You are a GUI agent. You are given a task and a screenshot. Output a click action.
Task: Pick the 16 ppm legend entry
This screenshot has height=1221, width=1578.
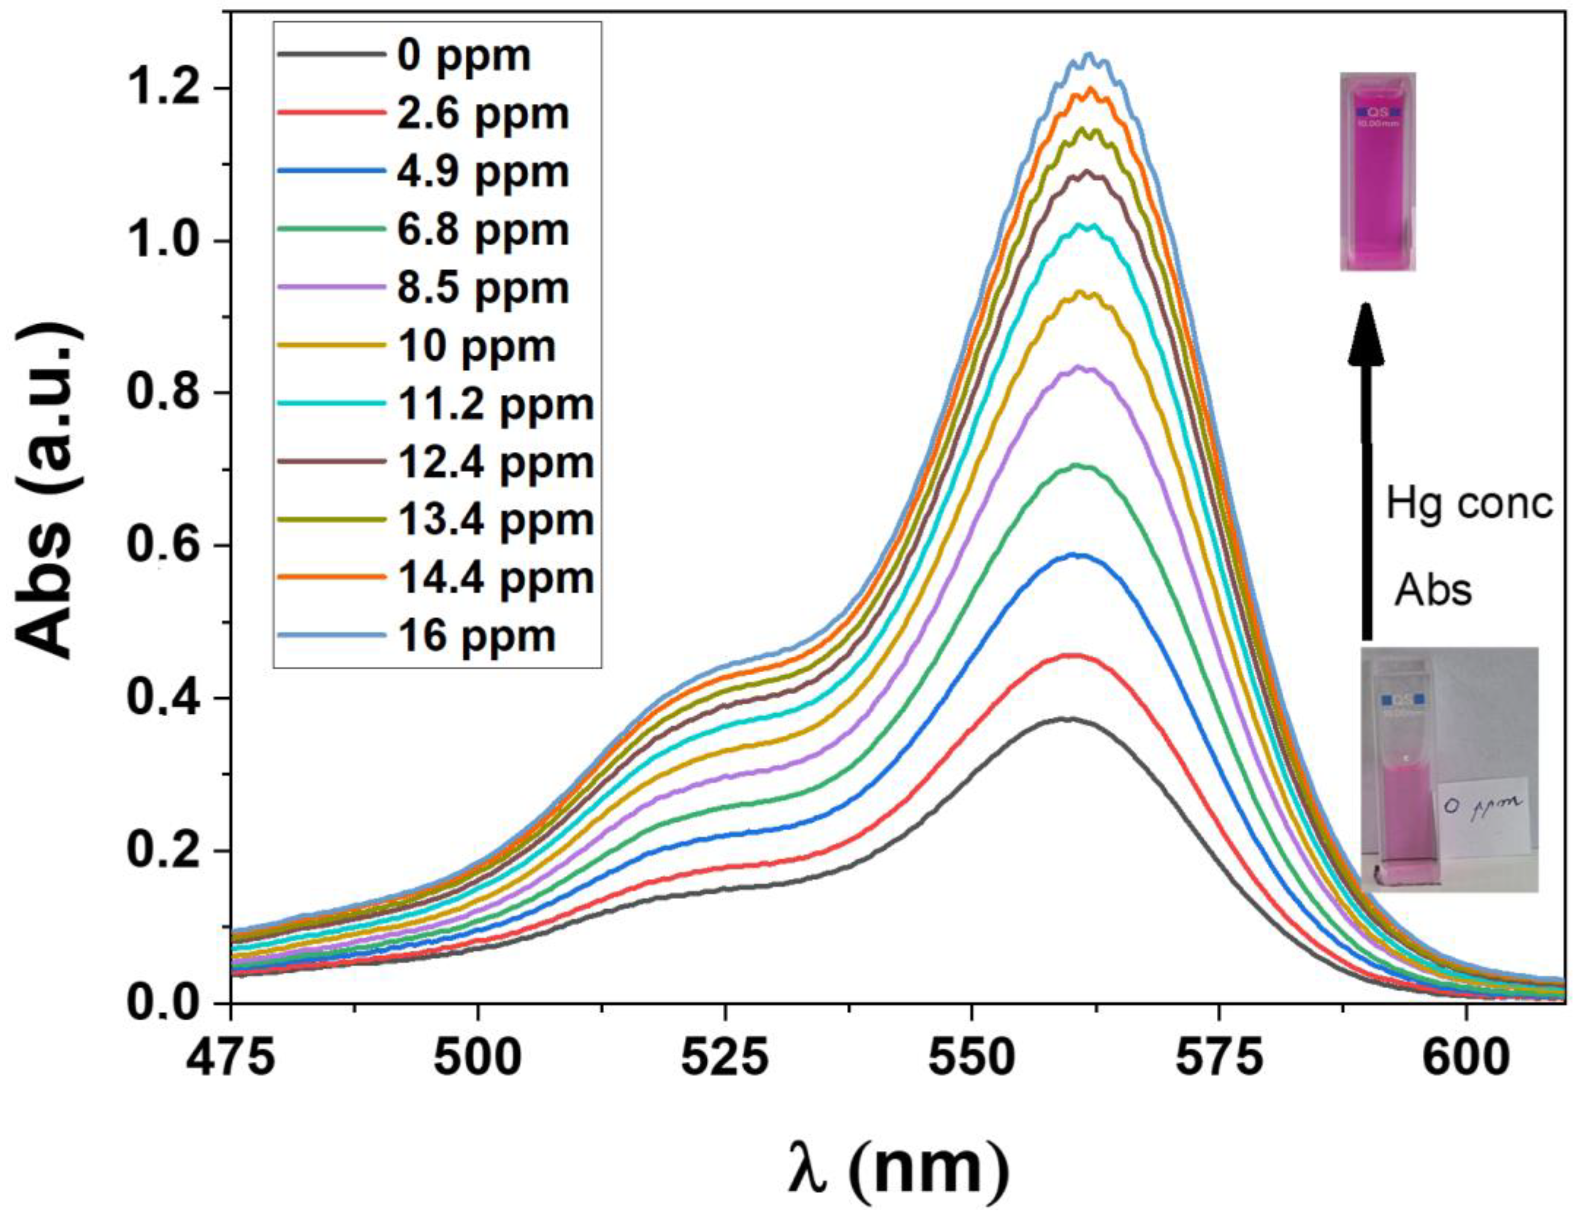476,636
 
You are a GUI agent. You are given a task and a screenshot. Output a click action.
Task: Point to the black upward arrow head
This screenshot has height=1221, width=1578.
1366,336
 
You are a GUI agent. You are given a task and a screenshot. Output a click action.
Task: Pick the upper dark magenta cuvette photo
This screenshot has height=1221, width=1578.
1377,171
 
